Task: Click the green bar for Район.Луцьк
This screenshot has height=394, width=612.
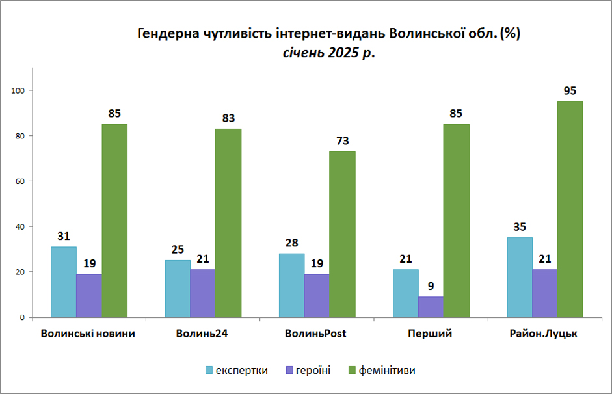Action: pyautogui.click(x=570, y=209)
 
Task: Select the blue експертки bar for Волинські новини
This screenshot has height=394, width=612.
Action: pyautogui.click(x=64, y=282)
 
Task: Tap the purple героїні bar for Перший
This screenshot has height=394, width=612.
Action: pyautogui.click(x=431, y=307)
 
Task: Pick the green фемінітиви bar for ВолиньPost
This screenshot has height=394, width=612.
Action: pyautogui.click(x=342, y=235)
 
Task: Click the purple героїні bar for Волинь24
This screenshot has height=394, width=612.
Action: pyautogui.click(x=202, y=293)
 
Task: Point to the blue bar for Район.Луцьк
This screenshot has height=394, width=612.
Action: pyautogui.click(x=520, y=278)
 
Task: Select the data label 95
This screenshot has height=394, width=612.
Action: pyautogui.click(x=570, y=91)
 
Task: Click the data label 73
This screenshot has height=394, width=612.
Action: pyautogui.click(x=342, y=141)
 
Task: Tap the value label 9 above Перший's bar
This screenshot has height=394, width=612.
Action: pyautogui.click(x=431, y=286)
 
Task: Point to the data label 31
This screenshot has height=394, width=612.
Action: pyautogui.click(x=64, y=236)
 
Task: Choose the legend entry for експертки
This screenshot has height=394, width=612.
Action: pyautogui.click(x=237, y=370)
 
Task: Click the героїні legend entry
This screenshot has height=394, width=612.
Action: pyautogui.click(x=308, y=370)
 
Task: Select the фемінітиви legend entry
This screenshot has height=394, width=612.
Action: pyautogui.click(x=382, y=370)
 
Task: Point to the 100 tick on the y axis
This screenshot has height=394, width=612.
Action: pyautogui.click(x=18, y=90)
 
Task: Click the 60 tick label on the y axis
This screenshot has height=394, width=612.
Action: pyautogui.click(x=20, y=181)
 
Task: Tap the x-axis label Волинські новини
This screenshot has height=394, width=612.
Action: pyautogui.click(x=88, y=334)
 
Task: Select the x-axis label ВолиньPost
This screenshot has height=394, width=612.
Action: pyautogui.click(x=315, y=334)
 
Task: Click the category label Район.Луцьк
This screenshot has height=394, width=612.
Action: pyautogui.click(x=543, y=334)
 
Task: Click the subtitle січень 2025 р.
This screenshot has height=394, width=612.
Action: pyautogui.click(x=328, y=52)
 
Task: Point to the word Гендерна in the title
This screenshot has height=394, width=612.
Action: pyautogui.click(x=165, y=34)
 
